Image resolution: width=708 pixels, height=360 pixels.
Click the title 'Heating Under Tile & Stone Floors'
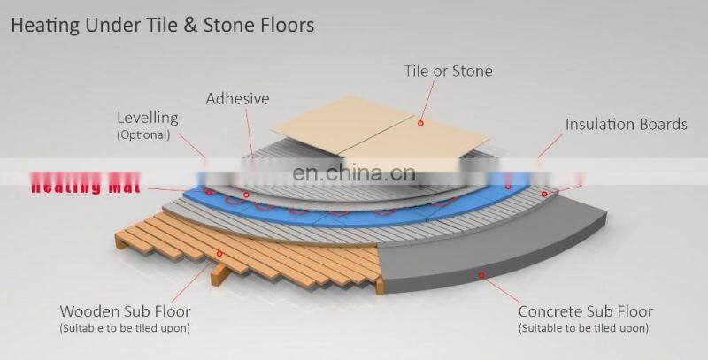tap(162, 25)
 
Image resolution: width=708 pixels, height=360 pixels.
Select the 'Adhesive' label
tap(237, 98)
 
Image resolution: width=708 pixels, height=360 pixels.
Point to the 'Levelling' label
tap(147, 118)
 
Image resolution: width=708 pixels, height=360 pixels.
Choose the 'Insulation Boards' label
tap(626, 124)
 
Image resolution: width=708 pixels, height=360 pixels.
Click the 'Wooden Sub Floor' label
tap(124, 311)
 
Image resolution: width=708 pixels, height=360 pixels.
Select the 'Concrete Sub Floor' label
tap(585, 311)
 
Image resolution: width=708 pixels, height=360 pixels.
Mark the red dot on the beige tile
tap(421, 123)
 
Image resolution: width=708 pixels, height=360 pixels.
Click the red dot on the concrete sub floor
tap(481, 275)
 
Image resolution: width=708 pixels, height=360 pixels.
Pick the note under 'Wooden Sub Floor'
tap(124, 329)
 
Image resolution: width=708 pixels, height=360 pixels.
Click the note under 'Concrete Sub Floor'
tap(585, 329)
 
